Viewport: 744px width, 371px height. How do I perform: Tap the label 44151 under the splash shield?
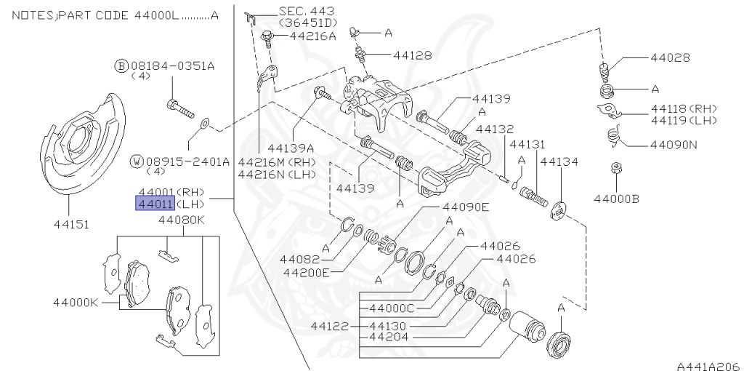point(72,225)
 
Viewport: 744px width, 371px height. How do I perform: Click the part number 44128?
point(413,55)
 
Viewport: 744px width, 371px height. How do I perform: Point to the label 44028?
point(670,57)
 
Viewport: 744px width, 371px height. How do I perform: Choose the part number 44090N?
point(674,144)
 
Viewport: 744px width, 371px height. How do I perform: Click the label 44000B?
point(616,197)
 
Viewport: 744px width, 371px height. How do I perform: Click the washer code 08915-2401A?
point(180,161)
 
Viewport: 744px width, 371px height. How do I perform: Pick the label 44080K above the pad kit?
point(182,219)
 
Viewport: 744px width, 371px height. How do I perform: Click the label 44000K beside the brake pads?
point(75,302)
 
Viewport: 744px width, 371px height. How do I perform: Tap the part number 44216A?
point(313,35)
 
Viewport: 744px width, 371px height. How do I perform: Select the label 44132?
point(495,129)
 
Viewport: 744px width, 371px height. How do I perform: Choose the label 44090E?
point(466,207)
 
